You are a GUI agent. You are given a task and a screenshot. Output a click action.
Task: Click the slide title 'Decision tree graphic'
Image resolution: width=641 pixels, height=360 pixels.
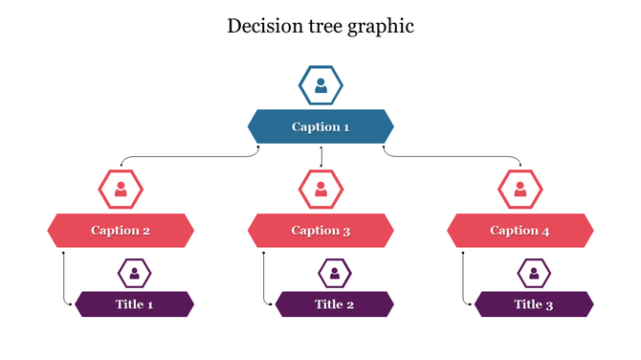320,26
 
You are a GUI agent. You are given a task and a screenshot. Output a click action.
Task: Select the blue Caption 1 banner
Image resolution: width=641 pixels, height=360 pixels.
320,126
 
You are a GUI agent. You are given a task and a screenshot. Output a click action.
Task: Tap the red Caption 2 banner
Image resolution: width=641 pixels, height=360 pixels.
121,230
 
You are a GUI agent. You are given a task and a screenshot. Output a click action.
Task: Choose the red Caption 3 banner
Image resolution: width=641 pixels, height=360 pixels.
320,230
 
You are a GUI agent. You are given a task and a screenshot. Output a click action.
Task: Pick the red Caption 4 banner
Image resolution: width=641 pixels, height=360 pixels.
519,230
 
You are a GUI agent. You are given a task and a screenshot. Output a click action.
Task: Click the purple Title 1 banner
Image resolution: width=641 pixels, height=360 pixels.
134,304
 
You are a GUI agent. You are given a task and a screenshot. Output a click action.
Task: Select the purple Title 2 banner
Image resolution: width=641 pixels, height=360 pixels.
334,304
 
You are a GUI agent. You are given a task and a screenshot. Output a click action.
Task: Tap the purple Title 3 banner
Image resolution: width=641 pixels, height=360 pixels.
534,304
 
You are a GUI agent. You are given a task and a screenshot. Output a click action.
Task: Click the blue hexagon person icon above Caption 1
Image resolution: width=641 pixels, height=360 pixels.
320,86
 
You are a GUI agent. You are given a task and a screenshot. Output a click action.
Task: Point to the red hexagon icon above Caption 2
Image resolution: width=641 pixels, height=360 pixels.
121,189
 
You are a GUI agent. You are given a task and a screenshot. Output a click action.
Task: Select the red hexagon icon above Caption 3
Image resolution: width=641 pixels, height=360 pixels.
320,189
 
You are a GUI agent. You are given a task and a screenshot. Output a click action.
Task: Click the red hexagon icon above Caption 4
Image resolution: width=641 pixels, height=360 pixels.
519,189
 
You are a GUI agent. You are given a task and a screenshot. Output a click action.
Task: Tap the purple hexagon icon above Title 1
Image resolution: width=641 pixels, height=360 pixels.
134,274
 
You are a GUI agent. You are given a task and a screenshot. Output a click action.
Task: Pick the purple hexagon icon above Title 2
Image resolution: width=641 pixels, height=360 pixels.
334,274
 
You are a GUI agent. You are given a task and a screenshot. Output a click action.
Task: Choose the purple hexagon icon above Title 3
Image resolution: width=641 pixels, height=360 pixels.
534,274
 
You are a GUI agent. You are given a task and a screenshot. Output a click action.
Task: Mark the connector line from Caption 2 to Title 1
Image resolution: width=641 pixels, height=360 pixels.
63,278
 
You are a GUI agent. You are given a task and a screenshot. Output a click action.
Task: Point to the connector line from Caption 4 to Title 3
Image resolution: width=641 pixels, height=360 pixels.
463,278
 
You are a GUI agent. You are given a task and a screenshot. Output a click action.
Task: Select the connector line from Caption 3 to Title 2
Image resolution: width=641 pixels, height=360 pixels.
263,278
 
